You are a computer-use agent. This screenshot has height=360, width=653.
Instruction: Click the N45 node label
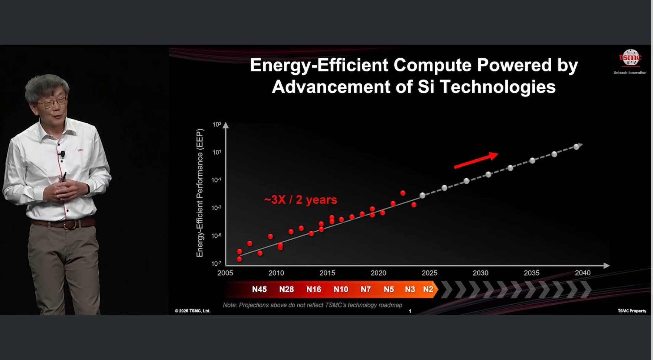(x=259, y=289)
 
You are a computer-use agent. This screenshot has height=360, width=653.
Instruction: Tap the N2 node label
(x=428, y=289)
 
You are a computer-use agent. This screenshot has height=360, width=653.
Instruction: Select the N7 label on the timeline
(x=366, y=289)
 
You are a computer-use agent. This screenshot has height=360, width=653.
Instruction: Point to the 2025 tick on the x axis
(x=430, y=273)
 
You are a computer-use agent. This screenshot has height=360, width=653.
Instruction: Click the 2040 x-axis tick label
(x=582, y=273)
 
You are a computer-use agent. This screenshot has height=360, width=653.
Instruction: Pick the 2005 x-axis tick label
(x=225, y=273)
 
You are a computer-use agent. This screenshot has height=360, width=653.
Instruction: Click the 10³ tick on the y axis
(x=217, y=124)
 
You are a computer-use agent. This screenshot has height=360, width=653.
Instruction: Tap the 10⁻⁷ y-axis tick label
(x=216, y=264)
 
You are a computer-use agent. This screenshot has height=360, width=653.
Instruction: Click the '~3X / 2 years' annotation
(x=300, y=200)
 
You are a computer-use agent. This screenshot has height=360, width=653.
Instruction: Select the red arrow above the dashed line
(x=476, y=160)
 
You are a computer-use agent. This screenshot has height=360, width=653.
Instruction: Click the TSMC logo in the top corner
(x=630, y=58)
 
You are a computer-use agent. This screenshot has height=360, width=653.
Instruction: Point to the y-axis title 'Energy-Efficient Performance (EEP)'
(x=200, y=193)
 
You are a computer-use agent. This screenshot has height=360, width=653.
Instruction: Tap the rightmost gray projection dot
(x=577, y=147)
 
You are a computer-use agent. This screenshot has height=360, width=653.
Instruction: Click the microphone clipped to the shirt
(x=62, y=153)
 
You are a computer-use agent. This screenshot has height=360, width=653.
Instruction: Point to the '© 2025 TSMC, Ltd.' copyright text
(x=192, y=311)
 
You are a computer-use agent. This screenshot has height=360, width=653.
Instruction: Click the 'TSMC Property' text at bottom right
(x=632, y=311)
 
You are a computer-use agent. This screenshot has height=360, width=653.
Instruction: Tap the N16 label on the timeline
(x=314, y=289)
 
